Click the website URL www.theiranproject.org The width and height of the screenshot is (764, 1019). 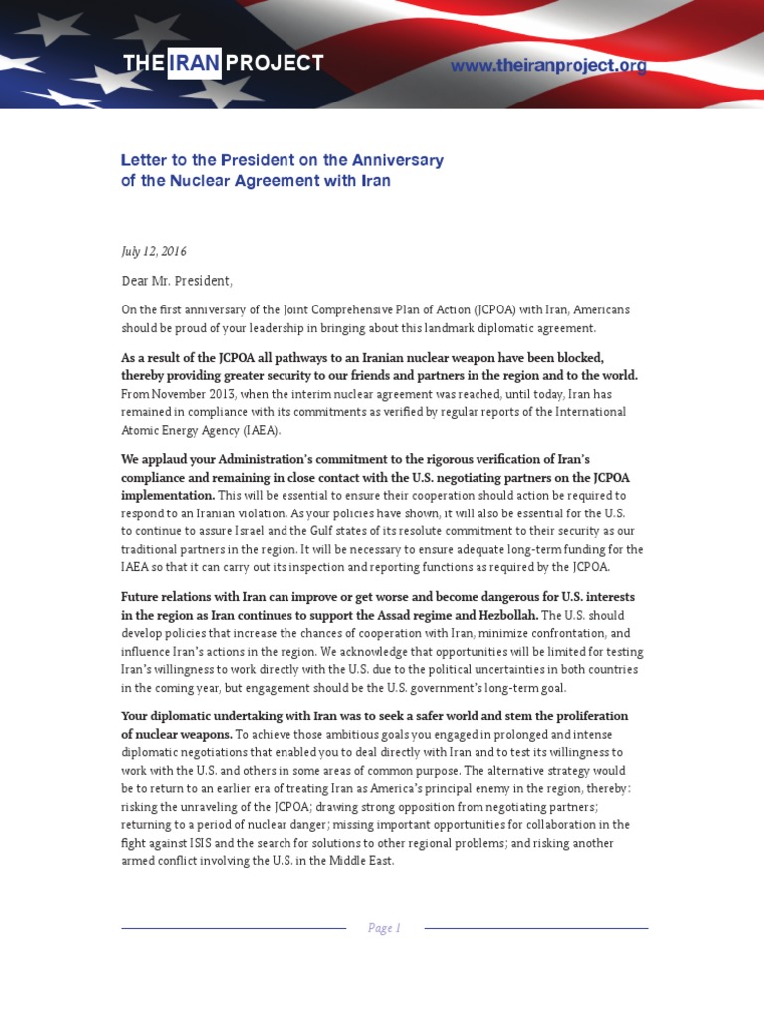click(548, 66)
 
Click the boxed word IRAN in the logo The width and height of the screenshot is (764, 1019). click(194, 63)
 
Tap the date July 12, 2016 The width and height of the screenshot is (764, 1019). click(154, 252)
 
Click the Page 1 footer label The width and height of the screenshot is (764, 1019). click(384, 928)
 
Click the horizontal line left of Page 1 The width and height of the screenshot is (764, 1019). click(233, 928)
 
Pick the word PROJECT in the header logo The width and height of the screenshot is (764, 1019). click(275, 63)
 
